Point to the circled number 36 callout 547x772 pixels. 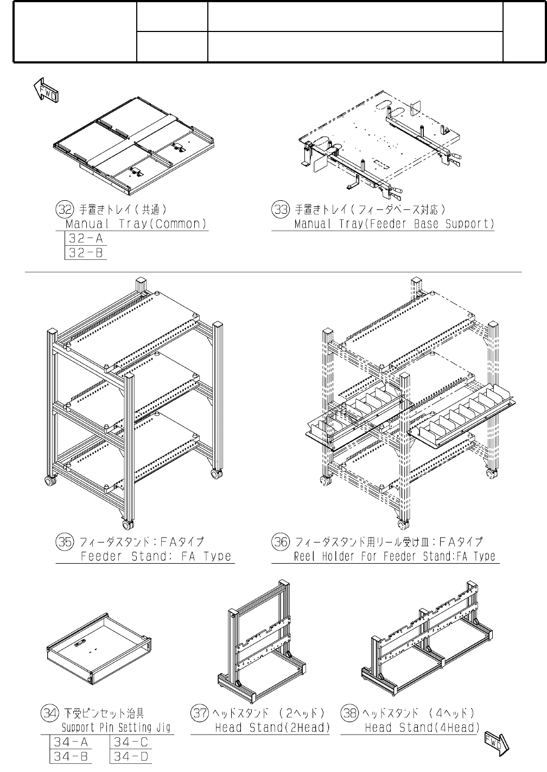pos(280,541)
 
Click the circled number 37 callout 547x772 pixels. pos(200,712)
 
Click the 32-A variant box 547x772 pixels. pos(85,238)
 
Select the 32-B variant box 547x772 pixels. pos(85,252)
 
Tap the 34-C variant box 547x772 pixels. pos(131,742)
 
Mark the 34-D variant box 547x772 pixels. pos(131,756)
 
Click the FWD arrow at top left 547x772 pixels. pos(46,90)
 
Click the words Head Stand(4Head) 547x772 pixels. pos(422,728)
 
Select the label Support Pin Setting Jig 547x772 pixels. pos(116,728)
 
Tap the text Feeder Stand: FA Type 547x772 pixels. pos(156,556)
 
